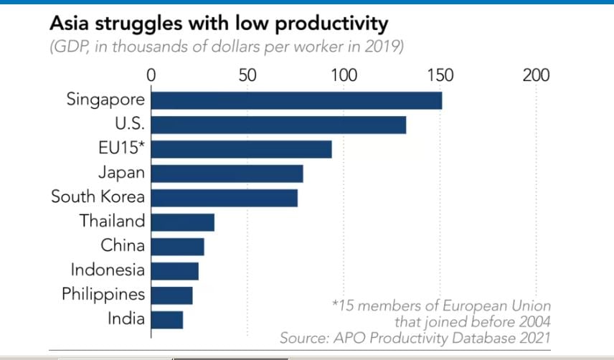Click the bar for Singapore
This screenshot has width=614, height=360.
(296, 100)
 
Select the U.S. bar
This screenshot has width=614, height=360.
(278, 125)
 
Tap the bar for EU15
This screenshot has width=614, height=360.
(241, 149)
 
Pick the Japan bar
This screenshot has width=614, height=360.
(227, 174)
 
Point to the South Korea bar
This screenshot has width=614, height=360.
(224, 198)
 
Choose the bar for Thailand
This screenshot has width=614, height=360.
(182, 222)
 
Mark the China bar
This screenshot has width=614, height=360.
(177, 247)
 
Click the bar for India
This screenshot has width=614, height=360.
(166, 319)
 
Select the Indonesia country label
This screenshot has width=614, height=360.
(108, 270)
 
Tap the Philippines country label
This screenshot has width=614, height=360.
(103, 295)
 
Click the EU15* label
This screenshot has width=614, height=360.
(121, 148)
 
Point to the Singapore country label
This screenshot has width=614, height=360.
(105, 100)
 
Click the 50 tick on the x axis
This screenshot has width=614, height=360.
(247, 75)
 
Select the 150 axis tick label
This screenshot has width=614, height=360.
(440, 75)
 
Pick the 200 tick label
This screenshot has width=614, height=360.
(536, 75)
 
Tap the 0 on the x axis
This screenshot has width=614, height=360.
(151, 75)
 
